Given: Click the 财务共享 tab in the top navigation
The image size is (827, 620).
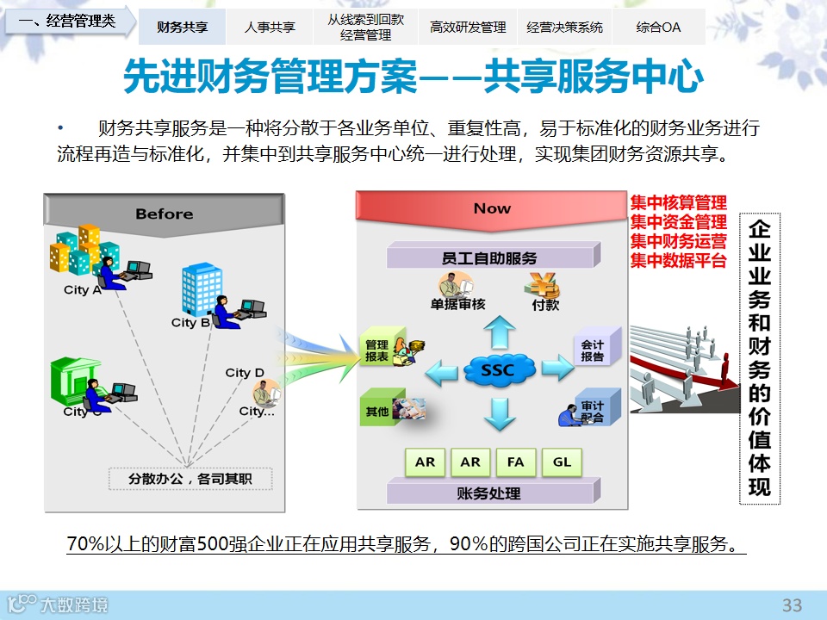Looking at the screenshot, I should coord(182,27).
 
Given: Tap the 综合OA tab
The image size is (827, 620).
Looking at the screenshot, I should coord(658,27).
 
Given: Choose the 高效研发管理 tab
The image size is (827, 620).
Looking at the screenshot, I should coord(468,27).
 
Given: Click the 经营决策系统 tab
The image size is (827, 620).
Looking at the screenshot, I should coord(564,27).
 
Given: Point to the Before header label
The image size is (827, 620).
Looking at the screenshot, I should coord(164,214).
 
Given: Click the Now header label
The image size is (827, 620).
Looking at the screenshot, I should coord(492,208).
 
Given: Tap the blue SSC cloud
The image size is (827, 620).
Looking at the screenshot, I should coord(499,370).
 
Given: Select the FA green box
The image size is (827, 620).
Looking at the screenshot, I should coord(515,462).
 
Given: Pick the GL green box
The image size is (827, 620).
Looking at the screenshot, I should coord(562,462).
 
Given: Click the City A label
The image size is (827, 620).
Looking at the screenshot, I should coord(83,290).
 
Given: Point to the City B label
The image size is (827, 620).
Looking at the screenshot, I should coord(190,323).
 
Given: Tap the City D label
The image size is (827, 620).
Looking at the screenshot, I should coord(245,373).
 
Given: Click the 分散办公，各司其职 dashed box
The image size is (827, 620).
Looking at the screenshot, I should coord(190,478).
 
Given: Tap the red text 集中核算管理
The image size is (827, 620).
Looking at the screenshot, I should coord(678,203).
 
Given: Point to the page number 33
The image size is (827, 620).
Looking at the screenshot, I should coord(792,604).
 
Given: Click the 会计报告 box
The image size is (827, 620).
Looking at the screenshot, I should coord(594,350).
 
